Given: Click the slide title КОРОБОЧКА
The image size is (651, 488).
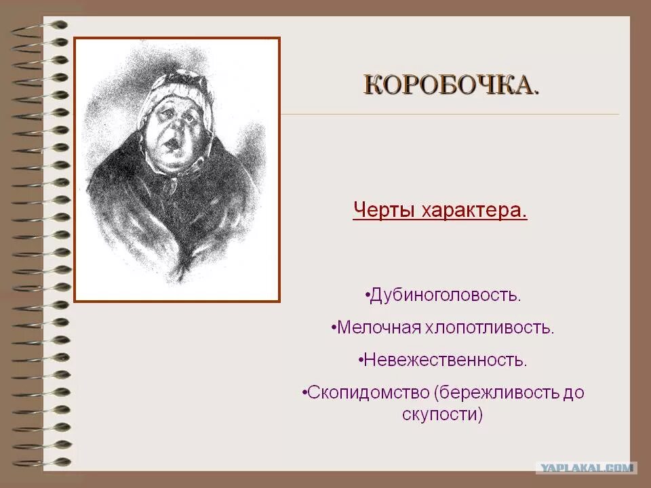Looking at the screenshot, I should [452, 86].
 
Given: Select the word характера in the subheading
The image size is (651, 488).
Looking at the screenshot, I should [474, 210].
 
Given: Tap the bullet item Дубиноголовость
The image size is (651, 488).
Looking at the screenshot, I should [444, 296].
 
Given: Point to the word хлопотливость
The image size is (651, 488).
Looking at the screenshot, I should [490, 328].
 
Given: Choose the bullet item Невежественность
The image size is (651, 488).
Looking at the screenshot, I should [444, 360].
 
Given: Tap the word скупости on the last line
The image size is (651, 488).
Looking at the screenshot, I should [441, 414].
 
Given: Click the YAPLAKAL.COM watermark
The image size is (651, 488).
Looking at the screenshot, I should [586, 468].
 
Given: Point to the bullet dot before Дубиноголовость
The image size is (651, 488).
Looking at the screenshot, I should [367, 296].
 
